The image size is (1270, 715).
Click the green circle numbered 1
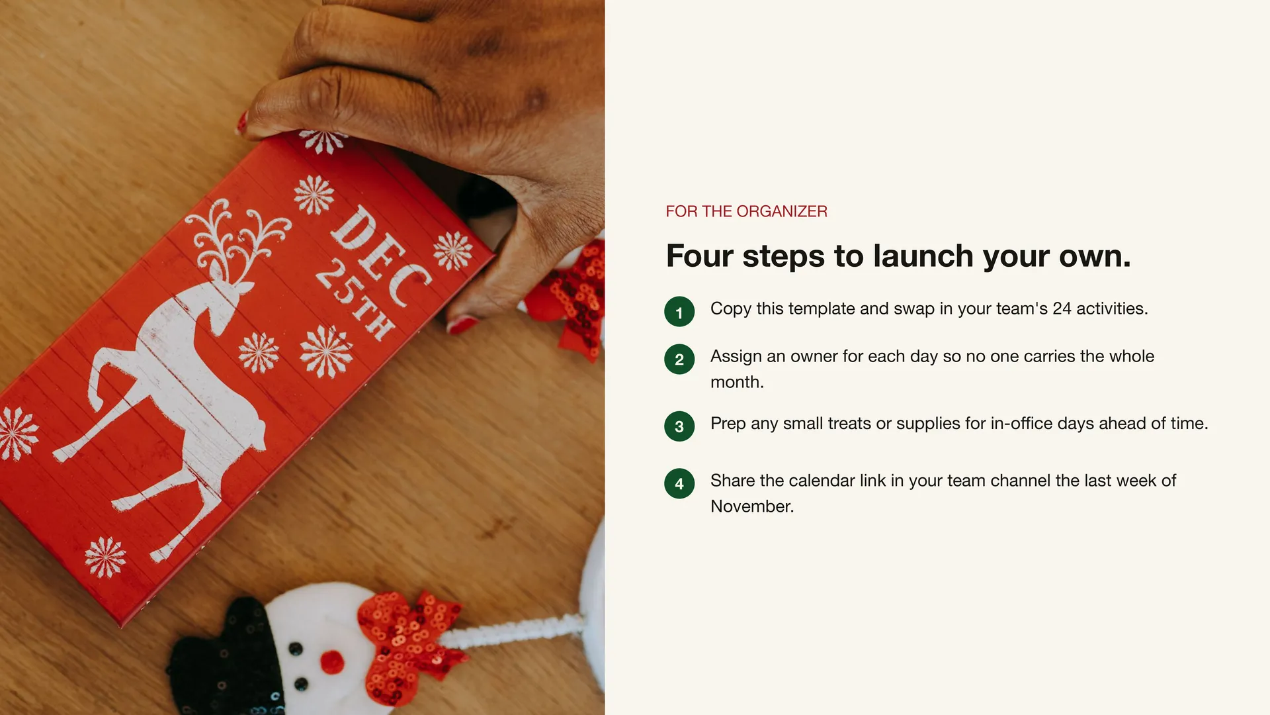pyautogui.click(x=679, y=312)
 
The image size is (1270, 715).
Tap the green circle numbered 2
pyautogui.click(x=679, y=359)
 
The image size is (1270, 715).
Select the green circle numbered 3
pyautogui.click(x=679, y=426)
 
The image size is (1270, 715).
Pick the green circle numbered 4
pyautogui.click(x=679, y=483)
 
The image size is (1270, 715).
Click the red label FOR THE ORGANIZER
pyautogui.click(x=746, y=211)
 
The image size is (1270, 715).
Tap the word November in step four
pyautogui.click(x=752, y=506)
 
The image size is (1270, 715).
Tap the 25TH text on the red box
pyautogui.click(x=355, y=299)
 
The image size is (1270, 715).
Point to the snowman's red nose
pyautogui.click(x=332, y=661)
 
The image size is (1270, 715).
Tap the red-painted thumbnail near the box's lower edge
pyautogui.click(x=462, y=324)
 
